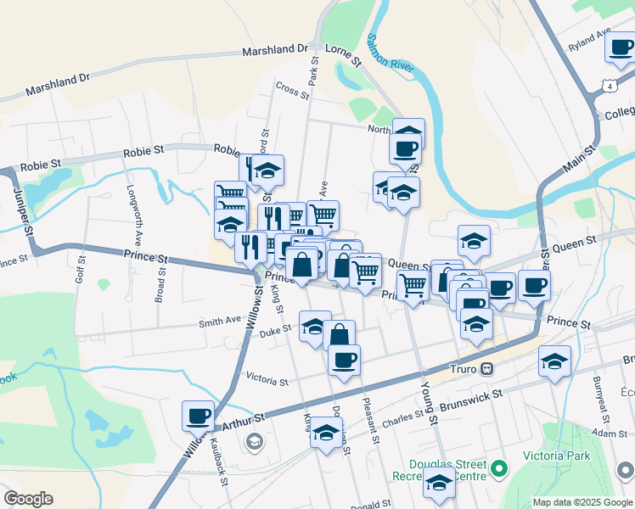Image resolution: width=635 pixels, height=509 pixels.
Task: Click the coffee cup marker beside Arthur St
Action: pos(198,416)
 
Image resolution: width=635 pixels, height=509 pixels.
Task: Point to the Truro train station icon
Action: pos(487,369)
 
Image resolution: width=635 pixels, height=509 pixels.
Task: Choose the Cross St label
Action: pos(290,87)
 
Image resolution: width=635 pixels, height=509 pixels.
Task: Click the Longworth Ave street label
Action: pos(131,214)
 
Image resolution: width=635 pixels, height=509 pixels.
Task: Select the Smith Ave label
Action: pos(220,322)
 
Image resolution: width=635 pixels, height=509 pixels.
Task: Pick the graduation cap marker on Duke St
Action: pos(315,326)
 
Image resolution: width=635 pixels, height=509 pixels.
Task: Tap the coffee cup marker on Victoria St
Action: pos(344,360)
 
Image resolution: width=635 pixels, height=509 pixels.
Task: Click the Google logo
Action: pos(28,499)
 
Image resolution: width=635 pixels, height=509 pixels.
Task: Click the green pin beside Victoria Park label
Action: pos(501,467)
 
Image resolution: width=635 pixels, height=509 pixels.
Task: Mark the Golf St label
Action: pos(81,274)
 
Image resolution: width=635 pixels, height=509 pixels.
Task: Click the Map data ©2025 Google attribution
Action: pos(582,502)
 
